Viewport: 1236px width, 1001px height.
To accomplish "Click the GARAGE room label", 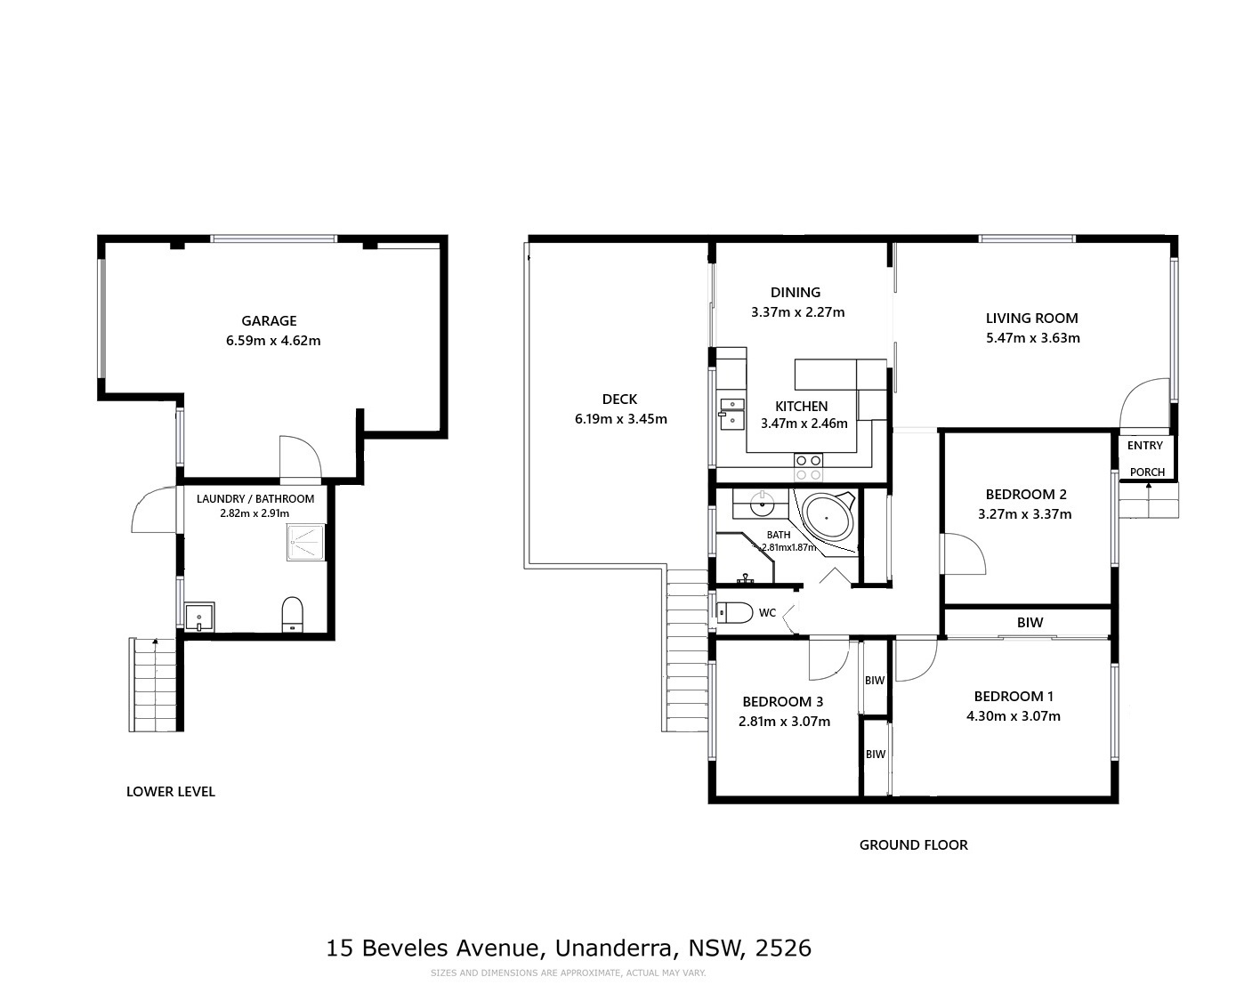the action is [269, 320].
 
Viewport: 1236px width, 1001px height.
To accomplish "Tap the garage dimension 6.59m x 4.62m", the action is [272, 340].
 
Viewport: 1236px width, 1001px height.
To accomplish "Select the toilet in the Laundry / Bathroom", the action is [293, 613].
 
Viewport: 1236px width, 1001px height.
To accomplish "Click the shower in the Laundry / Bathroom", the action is [304, 542].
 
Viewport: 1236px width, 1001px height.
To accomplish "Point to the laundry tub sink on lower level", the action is [199, 617].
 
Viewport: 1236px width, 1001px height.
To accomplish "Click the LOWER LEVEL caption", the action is [171, 792].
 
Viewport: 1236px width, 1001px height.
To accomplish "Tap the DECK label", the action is [619, 399].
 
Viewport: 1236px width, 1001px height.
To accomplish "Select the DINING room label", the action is [795, 292].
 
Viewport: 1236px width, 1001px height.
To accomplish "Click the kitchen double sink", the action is [731, 414].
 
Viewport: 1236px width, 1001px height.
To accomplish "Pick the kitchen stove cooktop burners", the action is [808, 467].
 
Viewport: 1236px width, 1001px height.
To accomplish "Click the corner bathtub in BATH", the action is [828, 518].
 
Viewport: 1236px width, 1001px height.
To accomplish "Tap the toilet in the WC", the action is [734, 612].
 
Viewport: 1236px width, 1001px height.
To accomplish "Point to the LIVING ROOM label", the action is [1031, 318].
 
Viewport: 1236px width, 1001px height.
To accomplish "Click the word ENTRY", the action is [1144, 445].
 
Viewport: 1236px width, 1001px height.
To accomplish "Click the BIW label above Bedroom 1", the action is [1030, 623].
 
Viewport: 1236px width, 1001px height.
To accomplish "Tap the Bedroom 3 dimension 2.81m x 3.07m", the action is [784, 722].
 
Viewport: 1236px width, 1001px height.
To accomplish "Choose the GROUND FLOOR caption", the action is [913, 845].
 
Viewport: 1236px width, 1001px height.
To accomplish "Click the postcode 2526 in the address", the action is [783, 949].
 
